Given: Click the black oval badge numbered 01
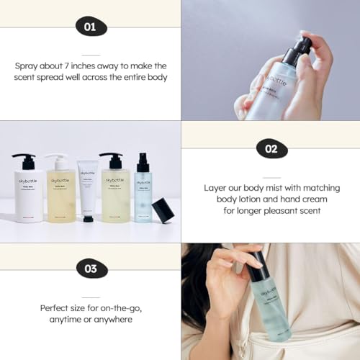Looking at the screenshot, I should tap(90, 27).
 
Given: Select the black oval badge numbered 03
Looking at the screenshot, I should tap(90, 270).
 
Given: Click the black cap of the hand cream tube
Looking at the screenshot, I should tap(88, 217).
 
